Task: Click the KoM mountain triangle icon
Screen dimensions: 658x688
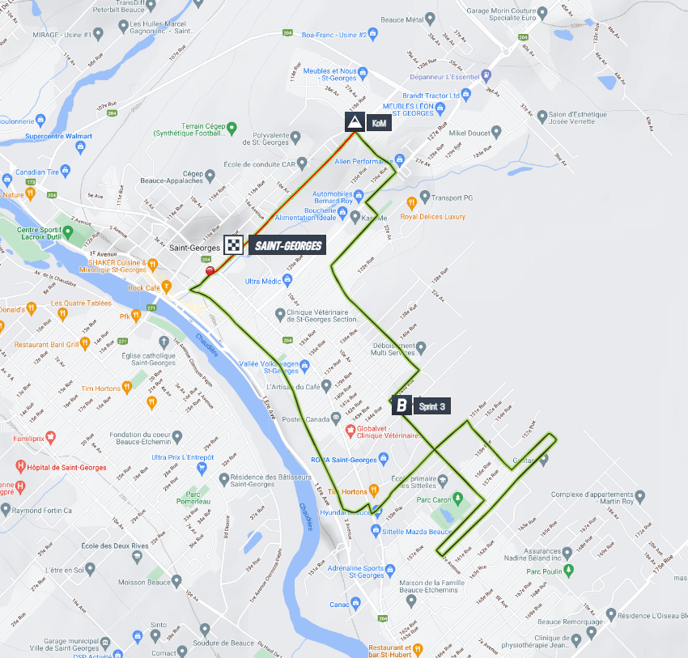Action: (x=354, y=123)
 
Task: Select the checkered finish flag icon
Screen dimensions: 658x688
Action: (x=234, y=246)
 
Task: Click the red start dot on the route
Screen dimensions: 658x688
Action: (x=210, y=271)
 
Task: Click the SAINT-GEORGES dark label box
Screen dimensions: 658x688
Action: (x=287, y=246)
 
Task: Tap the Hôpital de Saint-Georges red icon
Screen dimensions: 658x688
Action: (x=22, y=467)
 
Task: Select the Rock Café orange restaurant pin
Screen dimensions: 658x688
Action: (x=167, y=287)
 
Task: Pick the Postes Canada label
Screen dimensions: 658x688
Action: (x=306, y=418)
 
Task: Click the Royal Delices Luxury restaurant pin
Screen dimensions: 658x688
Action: (x=411, y=202)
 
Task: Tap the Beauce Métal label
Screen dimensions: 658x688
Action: (x=402, y=19)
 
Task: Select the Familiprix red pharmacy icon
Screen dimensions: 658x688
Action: (x=51, y=437)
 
